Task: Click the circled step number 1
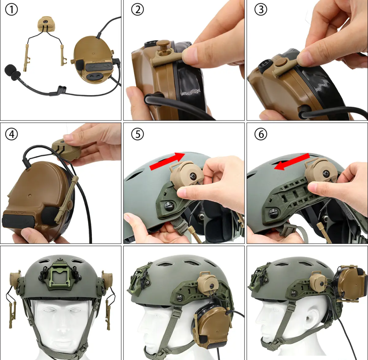[11, 10]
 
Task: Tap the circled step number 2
[137, 10]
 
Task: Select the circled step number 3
[261, 10]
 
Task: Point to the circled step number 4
[11, 134]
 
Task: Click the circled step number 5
[137, 134]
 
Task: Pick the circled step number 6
[261, 134]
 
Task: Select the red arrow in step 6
[292, 162]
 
